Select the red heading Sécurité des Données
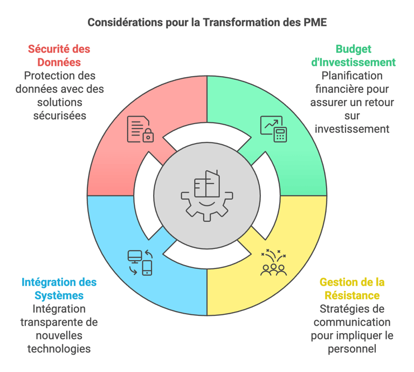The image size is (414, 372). (x=59, y=56)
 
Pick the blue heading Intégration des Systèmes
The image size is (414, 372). (x=59, y=289)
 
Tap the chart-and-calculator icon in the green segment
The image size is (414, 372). (x=273, y=128)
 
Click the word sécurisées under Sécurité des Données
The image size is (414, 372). (x=59, y=115)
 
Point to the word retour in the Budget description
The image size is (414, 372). (x=378, y=102)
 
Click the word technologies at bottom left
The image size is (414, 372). (x=59, y=349)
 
